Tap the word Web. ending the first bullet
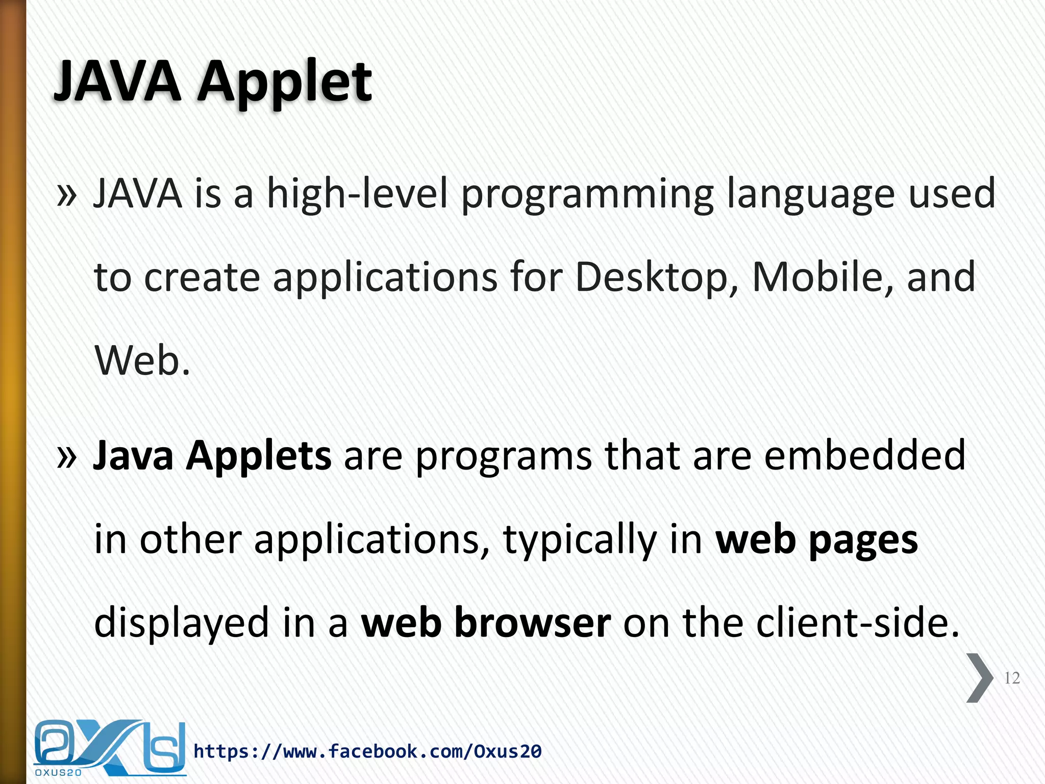point(142,360)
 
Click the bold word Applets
point(258,456)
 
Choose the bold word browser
point(532,623)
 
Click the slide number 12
point(1011,678)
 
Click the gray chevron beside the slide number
point(980,678)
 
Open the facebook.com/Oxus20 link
point(367,751)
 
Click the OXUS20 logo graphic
point(109,747)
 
